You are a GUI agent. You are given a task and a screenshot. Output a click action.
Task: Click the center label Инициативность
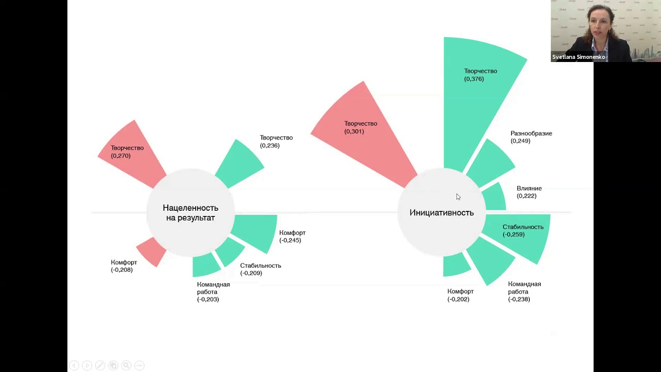(x=442, y=212)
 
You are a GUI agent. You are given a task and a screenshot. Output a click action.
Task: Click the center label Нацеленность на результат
(x=191, y=213)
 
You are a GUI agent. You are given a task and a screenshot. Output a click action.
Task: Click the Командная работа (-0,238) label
(x=524, y=291)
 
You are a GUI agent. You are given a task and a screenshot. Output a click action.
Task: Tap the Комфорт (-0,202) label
(x=460, y=295)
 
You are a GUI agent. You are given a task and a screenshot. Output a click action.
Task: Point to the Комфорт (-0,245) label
(x=292, y=237)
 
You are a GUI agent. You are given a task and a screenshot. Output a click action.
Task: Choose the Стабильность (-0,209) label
(x=261, y=269)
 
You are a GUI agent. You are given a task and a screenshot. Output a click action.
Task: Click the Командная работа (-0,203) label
(x=213, y=292)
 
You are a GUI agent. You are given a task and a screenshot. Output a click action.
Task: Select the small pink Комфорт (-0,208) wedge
(x=152, y=251)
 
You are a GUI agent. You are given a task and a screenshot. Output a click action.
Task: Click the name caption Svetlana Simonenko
(x=578, y=57)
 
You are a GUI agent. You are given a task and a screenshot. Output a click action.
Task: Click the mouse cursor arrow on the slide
(x=458, y=197)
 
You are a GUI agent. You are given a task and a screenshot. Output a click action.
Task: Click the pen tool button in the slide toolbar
(x=100, y=365)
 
